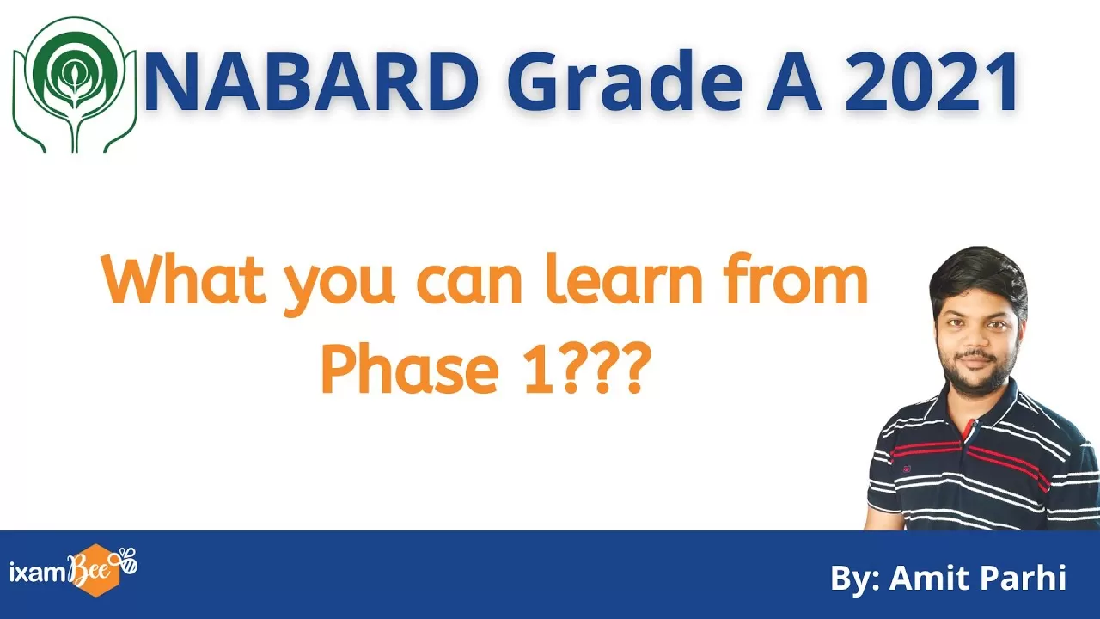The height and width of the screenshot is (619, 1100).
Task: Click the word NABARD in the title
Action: pos(311,81)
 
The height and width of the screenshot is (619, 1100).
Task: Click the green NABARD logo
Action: pos(75,84)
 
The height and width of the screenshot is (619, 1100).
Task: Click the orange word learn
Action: pos(624,279)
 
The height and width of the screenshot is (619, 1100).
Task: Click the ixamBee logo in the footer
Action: pos(74,570)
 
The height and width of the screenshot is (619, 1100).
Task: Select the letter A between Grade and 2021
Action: pos(794,81)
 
